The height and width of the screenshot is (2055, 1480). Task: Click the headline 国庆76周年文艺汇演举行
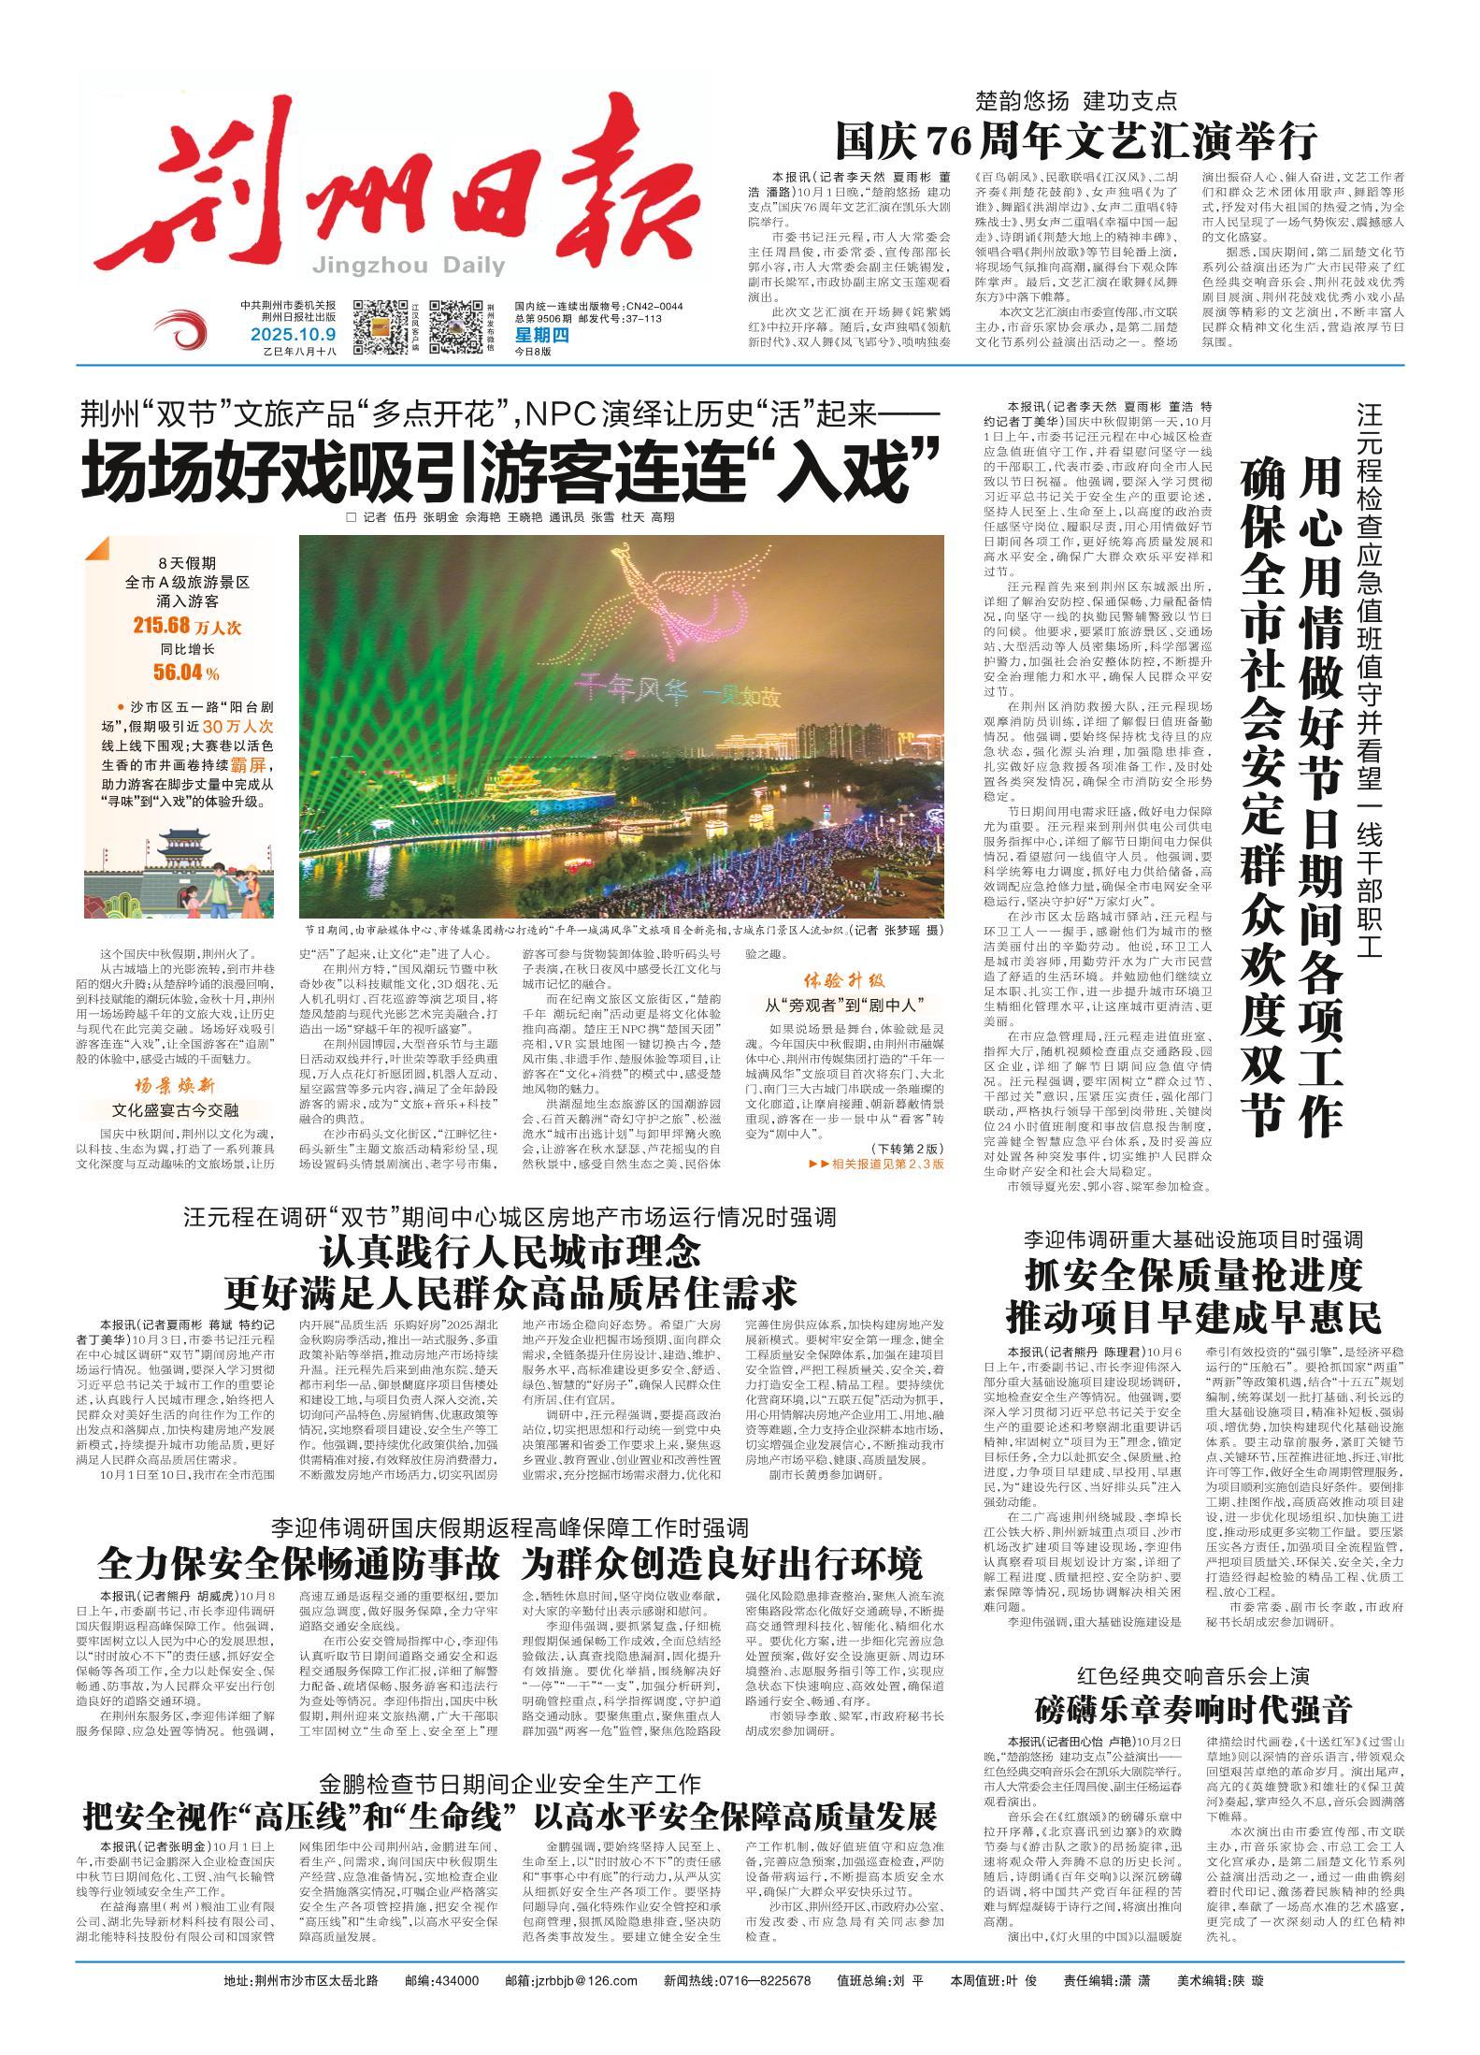pyautogui.click(x=1076, y=143)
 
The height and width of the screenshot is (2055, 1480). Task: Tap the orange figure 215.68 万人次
pyautogui.click(x=176, y=626)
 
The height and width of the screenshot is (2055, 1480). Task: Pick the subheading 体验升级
pyautogui.click(x=843, y=982)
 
